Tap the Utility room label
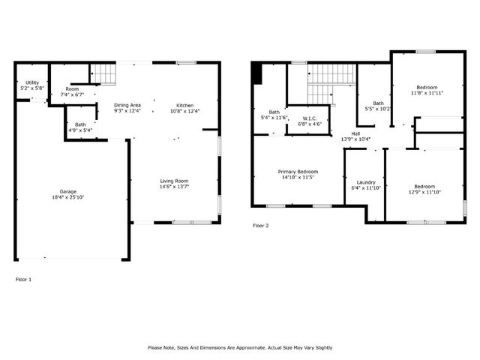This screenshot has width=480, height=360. coord(31,82)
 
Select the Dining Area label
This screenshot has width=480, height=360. coord(127,105)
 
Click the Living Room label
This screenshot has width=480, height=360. coord(173,181)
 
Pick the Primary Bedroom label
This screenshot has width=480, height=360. coord(298,172)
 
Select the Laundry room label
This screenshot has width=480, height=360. coord(366,182)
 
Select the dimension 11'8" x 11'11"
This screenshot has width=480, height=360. coord(426,93)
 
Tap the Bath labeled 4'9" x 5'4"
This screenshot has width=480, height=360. coord(80,124)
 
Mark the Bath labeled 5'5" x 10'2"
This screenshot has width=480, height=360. coord(379,103)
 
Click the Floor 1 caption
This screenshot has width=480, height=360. coord(24,279)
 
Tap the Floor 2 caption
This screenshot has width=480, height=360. coord(260,225)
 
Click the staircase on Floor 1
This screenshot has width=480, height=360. coord(105,73)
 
